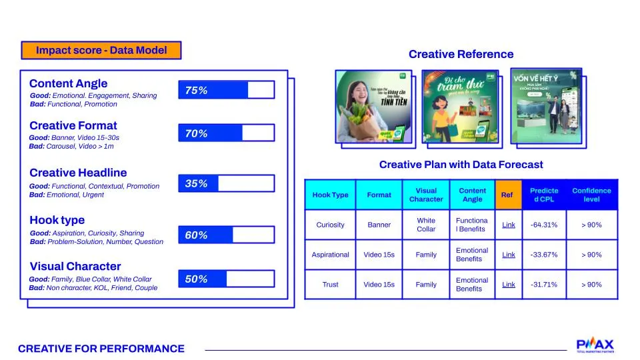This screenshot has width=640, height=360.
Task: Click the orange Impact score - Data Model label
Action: [x=101, y=51]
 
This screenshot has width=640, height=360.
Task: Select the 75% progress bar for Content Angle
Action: [x=226, y=90]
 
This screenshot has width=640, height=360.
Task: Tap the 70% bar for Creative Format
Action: [x=226, y=133]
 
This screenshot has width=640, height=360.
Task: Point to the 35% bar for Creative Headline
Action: [x=226, y=183]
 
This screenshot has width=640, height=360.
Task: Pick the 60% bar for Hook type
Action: [x=226, y=235]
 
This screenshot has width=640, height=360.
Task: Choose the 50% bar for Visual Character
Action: [x=226, y=279]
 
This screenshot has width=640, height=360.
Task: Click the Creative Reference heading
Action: [x=461, y=54]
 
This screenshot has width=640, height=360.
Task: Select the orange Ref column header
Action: [x=508, y=195]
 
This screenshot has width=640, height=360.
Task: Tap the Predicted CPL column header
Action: [x=544, y=195]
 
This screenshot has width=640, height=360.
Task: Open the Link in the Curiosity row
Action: [x=508, y=225]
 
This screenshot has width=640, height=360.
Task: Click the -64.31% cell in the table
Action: [x=544, y=225]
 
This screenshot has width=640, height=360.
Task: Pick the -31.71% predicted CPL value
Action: [x=544, y=285]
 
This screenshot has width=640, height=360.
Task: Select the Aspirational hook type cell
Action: [x=330, y=255]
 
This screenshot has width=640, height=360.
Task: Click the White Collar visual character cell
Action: [x=426, y=225]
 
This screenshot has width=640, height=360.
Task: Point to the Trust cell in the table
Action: [x=330, y=285]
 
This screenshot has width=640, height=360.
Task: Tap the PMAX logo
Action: [x=595, y=345]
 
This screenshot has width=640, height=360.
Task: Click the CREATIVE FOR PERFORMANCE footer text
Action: [x=101, y=349]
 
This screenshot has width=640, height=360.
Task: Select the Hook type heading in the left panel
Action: [x=57, y=220]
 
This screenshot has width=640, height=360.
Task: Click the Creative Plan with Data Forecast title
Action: [x=461, y=165]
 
